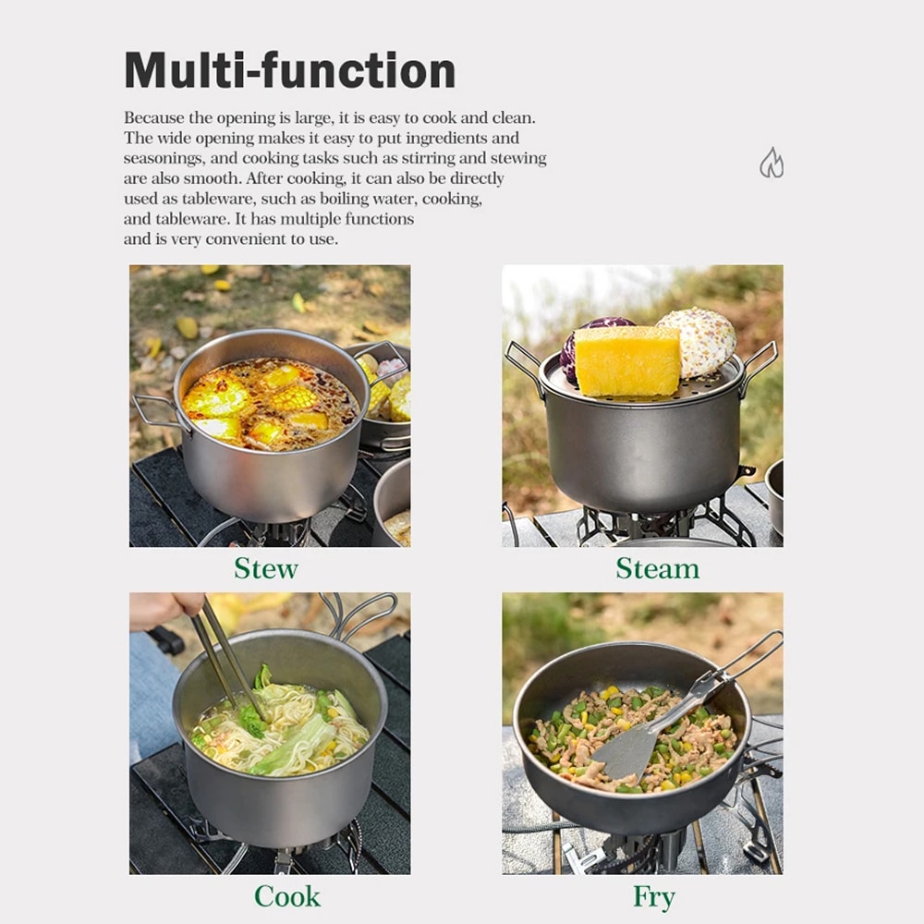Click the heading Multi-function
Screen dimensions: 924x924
coord(290,70)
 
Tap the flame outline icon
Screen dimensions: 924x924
coord(772,163)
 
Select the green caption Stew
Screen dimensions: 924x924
coord(266,568)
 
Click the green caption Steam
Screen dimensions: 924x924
coord(658,568)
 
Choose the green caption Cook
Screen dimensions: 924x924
coord(287,897)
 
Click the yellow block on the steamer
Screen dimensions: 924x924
coord(627,360)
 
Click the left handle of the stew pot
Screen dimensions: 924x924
coord(154,411)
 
